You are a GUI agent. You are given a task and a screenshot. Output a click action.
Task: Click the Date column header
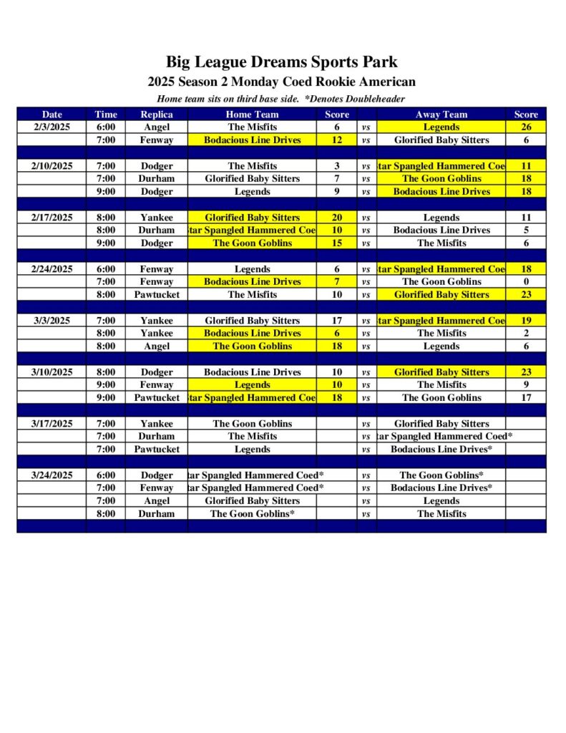point(52,115)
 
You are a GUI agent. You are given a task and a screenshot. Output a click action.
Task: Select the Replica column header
point(156,115)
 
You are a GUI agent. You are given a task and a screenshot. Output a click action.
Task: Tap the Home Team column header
point(252,115)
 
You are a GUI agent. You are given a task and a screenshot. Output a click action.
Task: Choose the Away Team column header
point(441,115)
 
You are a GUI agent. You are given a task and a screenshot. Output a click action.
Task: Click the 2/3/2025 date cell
point(52,127)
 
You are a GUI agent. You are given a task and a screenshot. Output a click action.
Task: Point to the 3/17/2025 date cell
point(52,424)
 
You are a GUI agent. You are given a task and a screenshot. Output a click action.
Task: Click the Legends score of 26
point(526,127)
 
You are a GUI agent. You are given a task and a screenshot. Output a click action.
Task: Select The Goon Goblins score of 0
point(526,282)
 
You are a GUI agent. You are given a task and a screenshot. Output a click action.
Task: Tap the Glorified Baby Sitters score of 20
point(336,218)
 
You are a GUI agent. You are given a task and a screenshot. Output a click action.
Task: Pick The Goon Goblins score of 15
point(336,243)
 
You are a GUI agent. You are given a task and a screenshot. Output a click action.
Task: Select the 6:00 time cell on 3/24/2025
point(105,475)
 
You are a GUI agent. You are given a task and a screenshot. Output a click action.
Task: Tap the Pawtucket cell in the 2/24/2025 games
point(156,295)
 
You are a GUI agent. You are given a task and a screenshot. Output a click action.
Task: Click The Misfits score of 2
point(526,334)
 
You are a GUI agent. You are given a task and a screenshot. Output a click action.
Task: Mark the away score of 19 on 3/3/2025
point(526,321)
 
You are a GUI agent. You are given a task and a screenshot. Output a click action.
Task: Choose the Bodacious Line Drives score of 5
point(526,230)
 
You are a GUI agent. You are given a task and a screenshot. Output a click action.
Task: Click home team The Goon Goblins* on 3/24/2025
point(252,514)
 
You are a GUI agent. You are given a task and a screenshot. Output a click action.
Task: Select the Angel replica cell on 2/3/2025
point(156,127)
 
